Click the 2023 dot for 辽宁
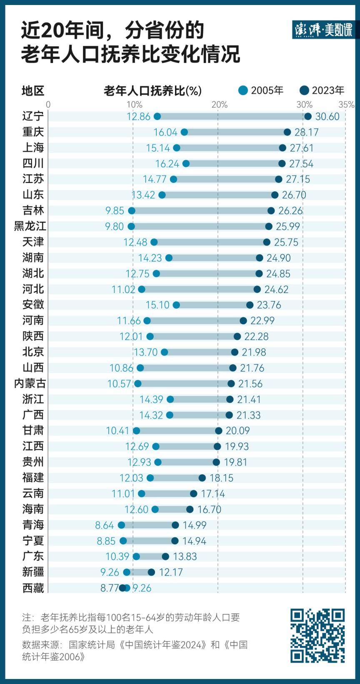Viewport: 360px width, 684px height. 308,116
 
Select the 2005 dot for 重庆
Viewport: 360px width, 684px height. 184,132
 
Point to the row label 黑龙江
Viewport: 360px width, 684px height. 30,226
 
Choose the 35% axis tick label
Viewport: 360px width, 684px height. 347,104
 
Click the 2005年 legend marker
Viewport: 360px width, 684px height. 243,90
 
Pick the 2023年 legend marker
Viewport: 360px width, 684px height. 304,90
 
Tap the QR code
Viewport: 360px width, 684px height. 317,636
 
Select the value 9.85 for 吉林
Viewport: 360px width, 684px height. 115,210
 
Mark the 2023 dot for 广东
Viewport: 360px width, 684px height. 165,556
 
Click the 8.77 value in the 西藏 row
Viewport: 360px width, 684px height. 109,588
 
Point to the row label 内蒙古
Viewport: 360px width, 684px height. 30,383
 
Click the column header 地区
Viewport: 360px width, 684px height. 33,90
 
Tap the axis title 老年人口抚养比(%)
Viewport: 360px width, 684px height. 152,90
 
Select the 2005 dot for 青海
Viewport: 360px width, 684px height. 121,525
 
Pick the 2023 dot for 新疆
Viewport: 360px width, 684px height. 151,572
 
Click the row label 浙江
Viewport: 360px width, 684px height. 33,399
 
